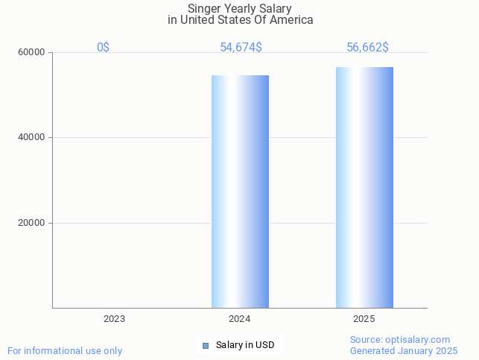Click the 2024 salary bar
click(x=240, y=192)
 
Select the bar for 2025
click(x=364, y=187)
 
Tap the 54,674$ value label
click(x=241, y=48)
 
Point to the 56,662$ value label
click(x=367, y=48)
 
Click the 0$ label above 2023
click(x=104, y=48)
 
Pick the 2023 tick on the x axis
click(x=114, y=319)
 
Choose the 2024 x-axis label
click(x=239, y=319)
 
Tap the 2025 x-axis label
click(x=364, y=319)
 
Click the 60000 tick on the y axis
click(x=32, y=53)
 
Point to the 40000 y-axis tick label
click(x=32, y=138)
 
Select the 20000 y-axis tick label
click(x=32, y=223)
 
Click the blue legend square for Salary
click(x=206, y=345)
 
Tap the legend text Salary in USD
click(x=245, y=345)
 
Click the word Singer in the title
click(x=204, y=9)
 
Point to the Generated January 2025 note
click(x=404, y=350)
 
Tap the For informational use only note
click(x=65, y=350)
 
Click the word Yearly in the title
click(x=241, y=9)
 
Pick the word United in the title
click(x=197, y=20)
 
